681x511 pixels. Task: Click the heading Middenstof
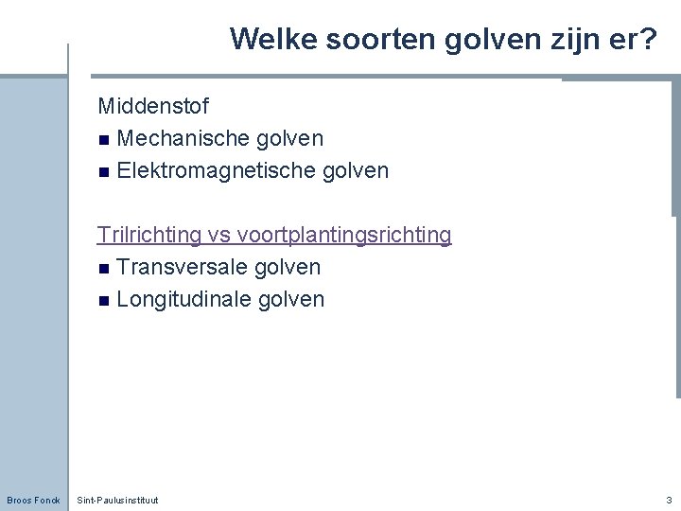[x=153, y=106]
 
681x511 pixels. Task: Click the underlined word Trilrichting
[x=149, y=235]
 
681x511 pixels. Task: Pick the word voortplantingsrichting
[x=344, y=235]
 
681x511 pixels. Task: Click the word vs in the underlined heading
[x=219, y=235]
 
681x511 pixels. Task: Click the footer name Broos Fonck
[x=33, y=500]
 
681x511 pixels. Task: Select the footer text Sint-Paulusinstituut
[x=117, y=500]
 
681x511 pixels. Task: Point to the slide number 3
[x=669, y=499]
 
